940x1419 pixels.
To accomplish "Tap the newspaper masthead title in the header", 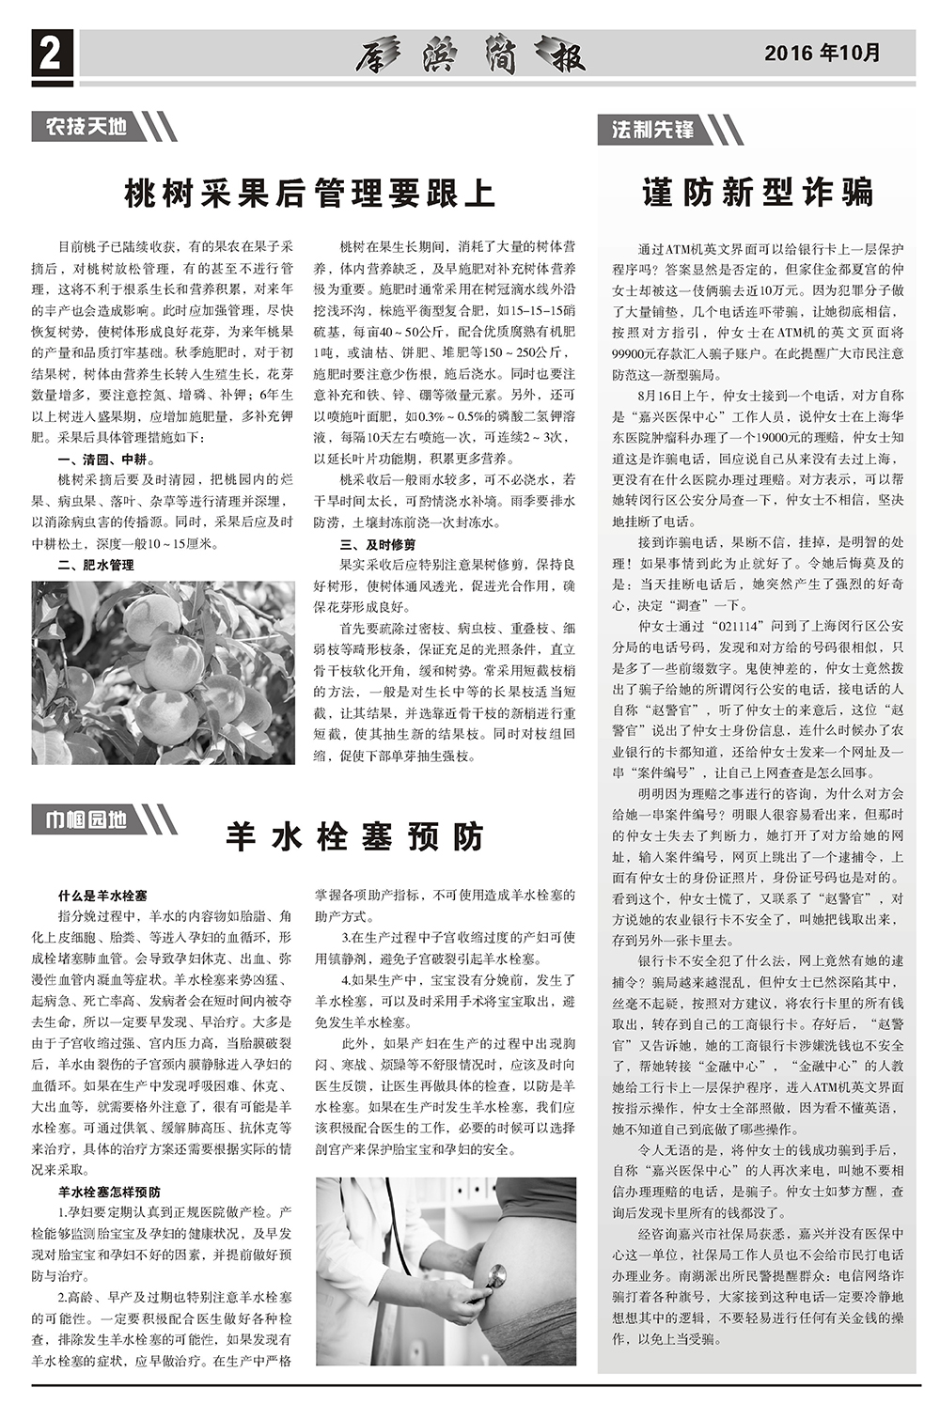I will point(471,55).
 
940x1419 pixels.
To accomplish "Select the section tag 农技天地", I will point(86,126).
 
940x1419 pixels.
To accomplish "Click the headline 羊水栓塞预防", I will point(353,835).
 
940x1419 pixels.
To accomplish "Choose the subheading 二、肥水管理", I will point(96,565).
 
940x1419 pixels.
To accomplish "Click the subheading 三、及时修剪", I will point(378,544).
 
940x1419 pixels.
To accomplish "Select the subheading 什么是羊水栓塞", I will point(102,897).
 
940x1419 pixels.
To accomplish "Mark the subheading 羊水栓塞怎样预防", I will point(109,1193).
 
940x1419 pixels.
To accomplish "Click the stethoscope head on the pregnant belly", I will point(494,1277).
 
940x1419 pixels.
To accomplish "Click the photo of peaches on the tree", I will point(163,672).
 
